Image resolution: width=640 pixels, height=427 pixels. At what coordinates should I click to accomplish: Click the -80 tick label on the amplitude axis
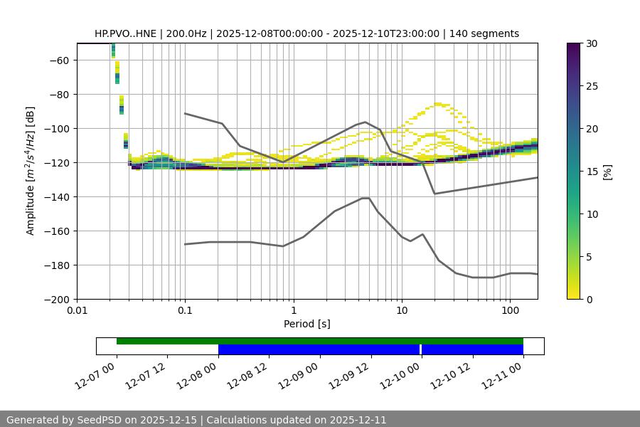pos(60,94)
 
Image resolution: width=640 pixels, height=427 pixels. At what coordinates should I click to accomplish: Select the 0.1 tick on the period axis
pos(185,310)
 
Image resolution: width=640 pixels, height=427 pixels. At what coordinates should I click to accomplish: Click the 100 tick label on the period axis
pos(510,310)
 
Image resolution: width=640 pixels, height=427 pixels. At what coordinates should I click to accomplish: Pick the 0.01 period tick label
pos(77,310)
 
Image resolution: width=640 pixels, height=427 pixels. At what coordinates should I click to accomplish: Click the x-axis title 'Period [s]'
pos(307,324)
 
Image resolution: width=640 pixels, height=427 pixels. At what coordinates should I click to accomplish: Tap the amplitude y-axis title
pos(31,171)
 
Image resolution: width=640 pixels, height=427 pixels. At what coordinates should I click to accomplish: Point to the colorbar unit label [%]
pos(607,172)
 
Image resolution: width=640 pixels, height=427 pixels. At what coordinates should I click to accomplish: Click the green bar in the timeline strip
pos(319,341)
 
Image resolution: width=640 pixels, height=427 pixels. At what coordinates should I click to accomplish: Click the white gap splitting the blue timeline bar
pos(420,349)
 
